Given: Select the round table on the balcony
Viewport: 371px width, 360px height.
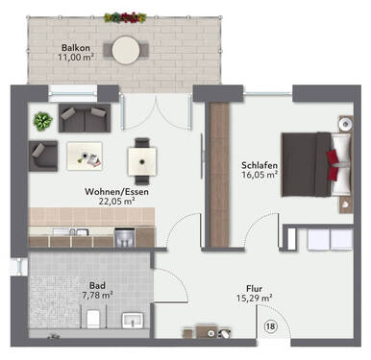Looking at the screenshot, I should coord(125,48).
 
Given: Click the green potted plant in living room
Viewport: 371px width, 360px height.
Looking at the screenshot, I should coord(40,120).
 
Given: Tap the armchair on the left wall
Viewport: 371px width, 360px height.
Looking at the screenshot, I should coord(41,152).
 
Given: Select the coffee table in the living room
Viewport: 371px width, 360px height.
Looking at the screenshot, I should coord(86,152).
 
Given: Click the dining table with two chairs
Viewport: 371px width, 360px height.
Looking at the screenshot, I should coord(143,156).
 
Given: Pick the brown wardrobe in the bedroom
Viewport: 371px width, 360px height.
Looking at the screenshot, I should coord(217,170).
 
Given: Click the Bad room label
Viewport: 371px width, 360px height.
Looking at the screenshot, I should coord(96,285).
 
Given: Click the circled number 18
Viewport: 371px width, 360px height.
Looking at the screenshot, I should coord(270,326).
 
